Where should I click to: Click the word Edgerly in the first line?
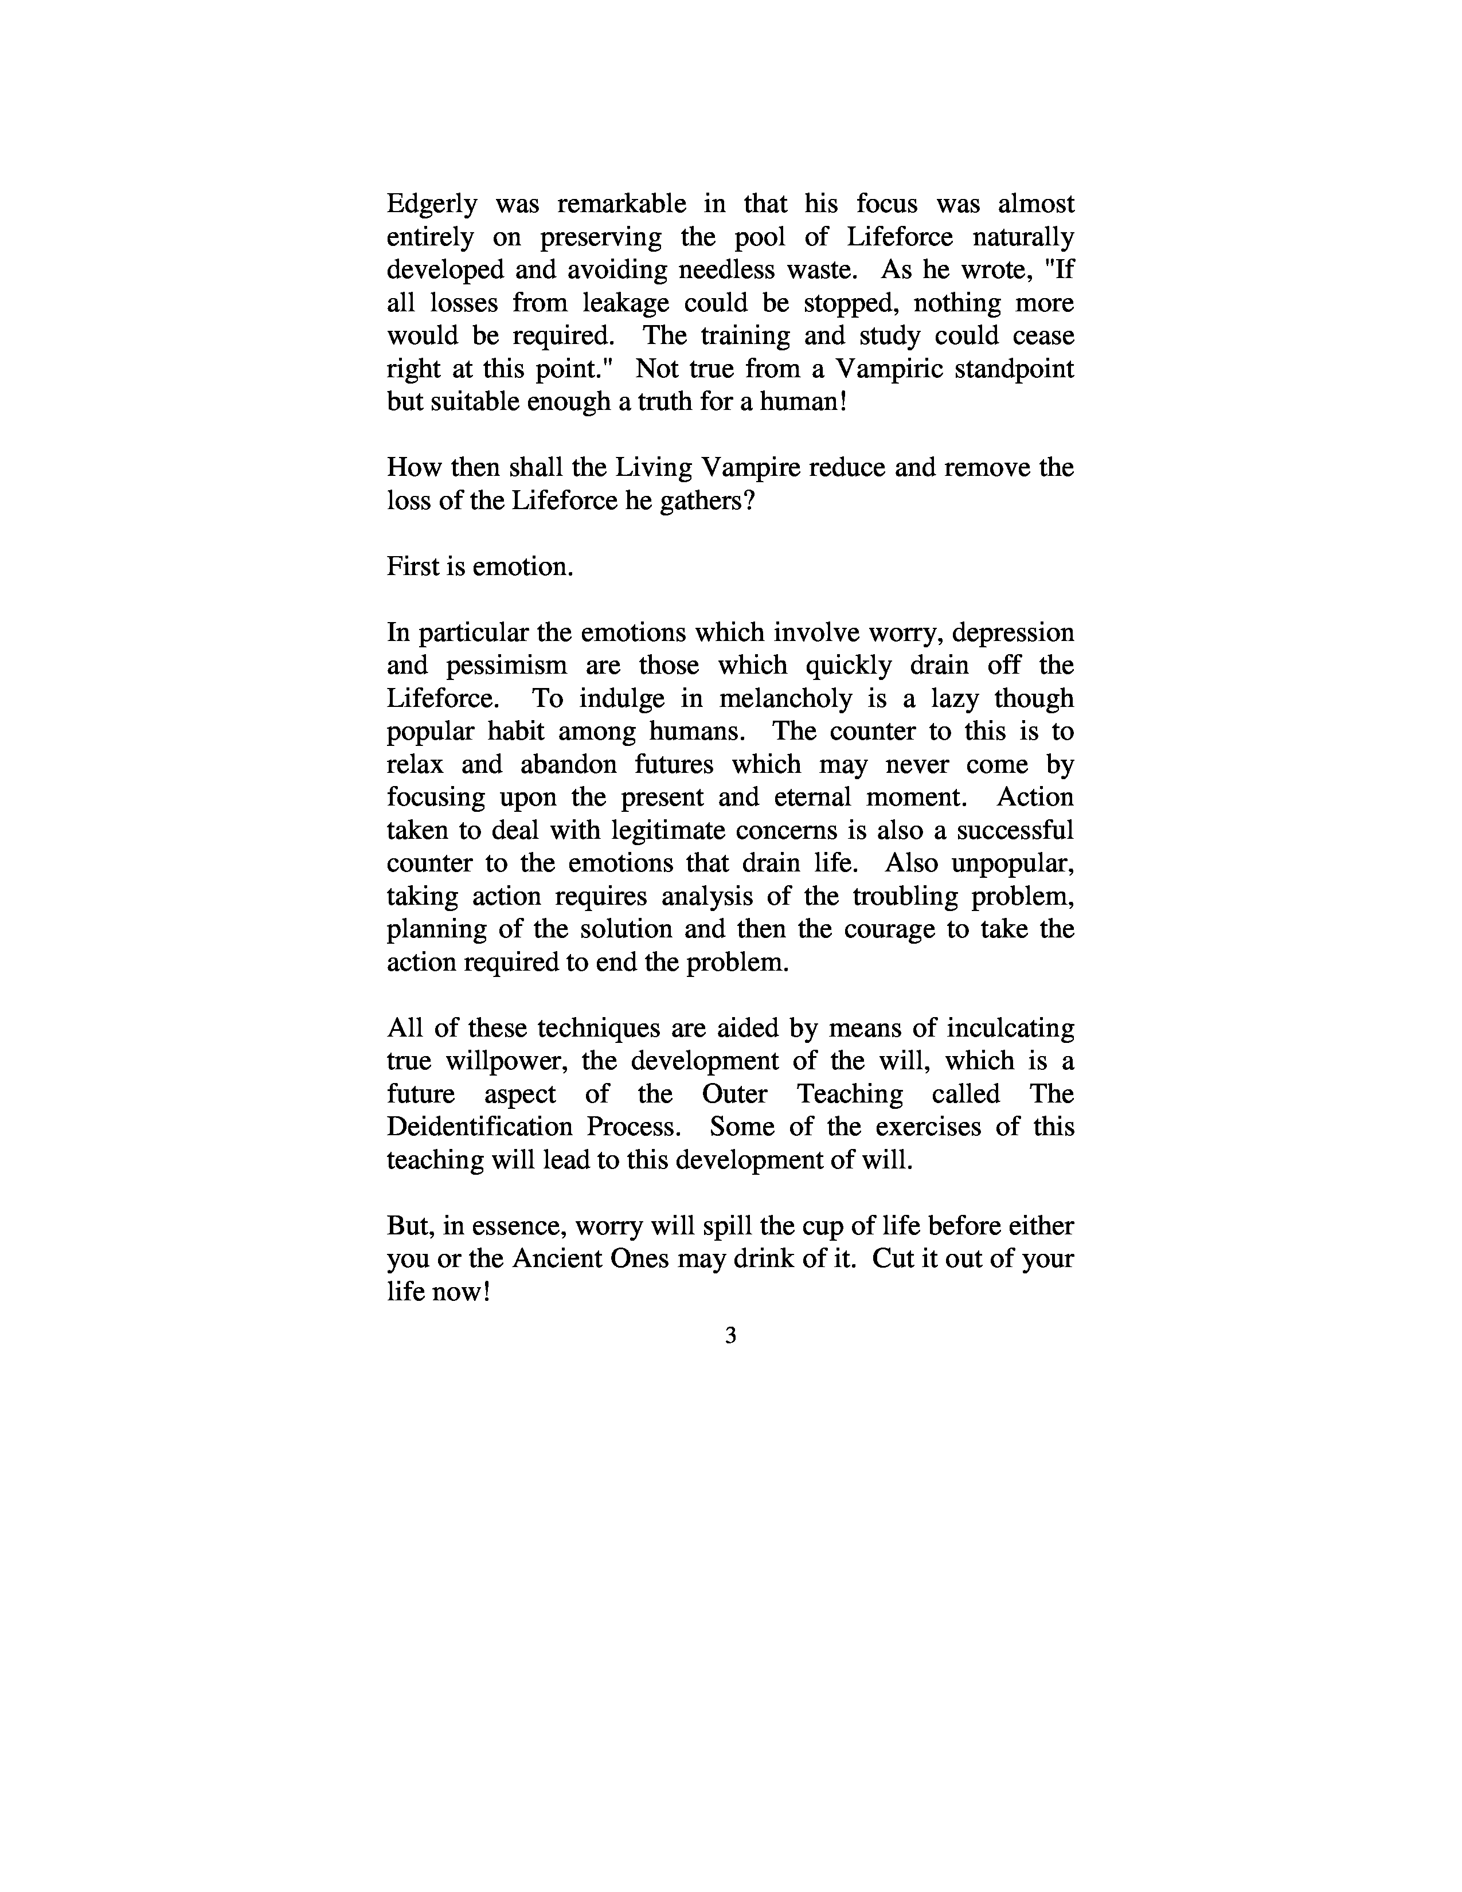tap(431, 205)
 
